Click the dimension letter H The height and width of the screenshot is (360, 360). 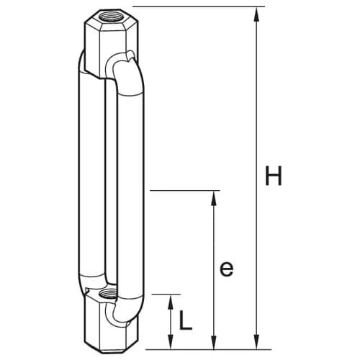click(274, 176)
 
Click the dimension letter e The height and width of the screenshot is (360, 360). click(227, 269)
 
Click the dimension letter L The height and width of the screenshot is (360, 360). click(186, 320)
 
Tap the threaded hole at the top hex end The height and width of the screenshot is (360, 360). click(111, 17)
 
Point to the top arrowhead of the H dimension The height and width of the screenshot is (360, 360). click(257, 14)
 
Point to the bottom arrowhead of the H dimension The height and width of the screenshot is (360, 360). click(257, 341)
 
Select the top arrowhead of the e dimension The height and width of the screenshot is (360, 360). click(213, 198)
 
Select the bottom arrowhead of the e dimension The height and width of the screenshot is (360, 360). click(213, 341)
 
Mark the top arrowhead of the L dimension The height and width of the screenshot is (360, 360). click(171, 302)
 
